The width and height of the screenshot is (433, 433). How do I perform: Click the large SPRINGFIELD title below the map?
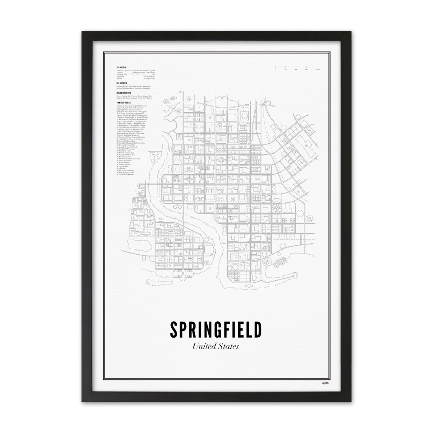[x=216, y=329]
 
